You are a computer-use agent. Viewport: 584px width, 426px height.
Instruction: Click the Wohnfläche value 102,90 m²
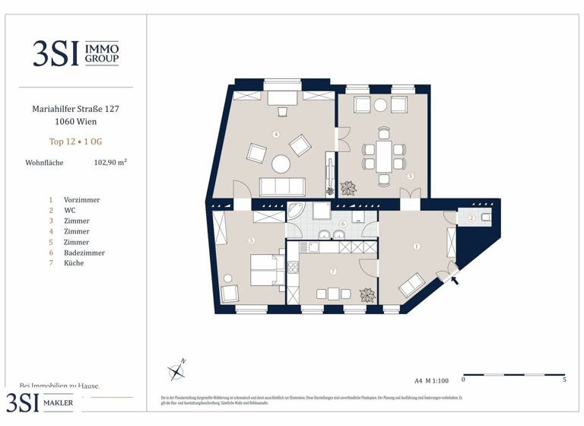[x=110, y=162]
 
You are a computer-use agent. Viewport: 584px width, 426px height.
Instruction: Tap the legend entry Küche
[x=74, y=263]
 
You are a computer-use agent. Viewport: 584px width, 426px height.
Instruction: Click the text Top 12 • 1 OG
[x=75, y=141]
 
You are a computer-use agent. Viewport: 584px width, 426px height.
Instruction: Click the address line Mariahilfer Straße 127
[x=75, y=109]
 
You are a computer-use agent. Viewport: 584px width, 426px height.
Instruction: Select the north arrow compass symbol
[x=178, y=370]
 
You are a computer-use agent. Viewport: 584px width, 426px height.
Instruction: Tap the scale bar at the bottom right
[x=513, y=374]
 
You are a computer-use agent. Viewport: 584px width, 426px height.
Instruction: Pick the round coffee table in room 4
[x=282, y=163]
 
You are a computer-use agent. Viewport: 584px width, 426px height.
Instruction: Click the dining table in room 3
[x=383, y=154]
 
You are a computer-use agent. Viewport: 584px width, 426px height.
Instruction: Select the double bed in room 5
[x=266, y=269]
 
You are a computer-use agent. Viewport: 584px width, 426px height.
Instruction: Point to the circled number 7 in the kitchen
[x=332, y=272]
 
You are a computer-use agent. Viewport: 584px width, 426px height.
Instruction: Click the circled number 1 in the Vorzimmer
[x=416, y=246]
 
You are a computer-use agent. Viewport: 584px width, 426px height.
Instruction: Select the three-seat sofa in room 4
[x=282, y=186]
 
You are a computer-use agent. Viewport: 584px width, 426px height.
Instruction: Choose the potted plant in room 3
[x=350, y=187]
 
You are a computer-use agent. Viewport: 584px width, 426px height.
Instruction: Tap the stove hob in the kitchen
[x=293, y=267]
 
